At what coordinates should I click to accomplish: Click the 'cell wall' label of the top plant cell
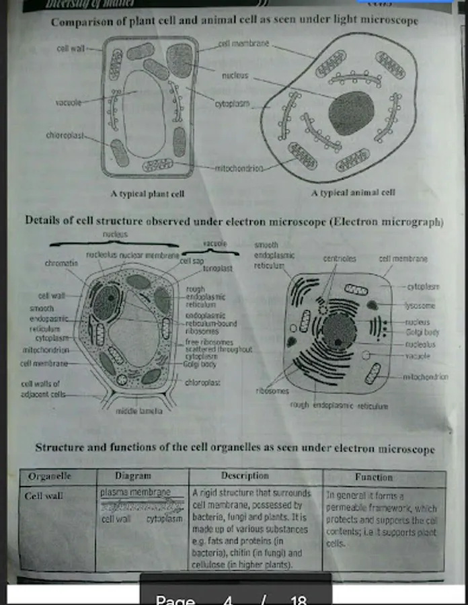pyautogui.click(x=71, y=48)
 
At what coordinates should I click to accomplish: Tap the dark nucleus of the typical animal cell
pyautogui.click(x=350, y=112)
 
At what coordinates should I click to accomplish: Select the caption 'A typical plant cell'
pyautogui.click(x=147, y=194)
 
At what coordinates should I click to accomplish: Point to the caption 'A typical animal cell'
pyautogui.click(x=353, y=192)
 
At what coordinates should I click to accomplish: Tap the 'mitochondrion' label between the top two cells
pyautogui.click(x=239, y=168)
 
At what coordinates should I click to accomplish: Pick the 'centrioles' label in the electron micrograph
pyautogui.click(x=340, y=257)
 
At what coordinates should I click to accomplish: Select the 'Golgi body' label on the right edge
pyautogui.click(x=422, y=332)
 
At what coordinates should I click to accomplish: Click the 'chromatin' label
pyautogui.click(x=61, y=264)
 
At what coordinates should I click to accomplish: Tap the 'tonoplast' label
pyautogui.click(x=217, y=268)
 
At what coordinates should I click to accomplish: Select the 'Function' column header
pyautogui.click(x=374, y=477)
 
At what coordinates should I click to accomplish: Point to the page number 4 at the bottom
pyautogui.click(x=227, y=600)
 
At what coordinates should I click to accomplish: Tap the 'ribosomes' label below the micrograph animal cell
pyautogui.click(x=272, y=391)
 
